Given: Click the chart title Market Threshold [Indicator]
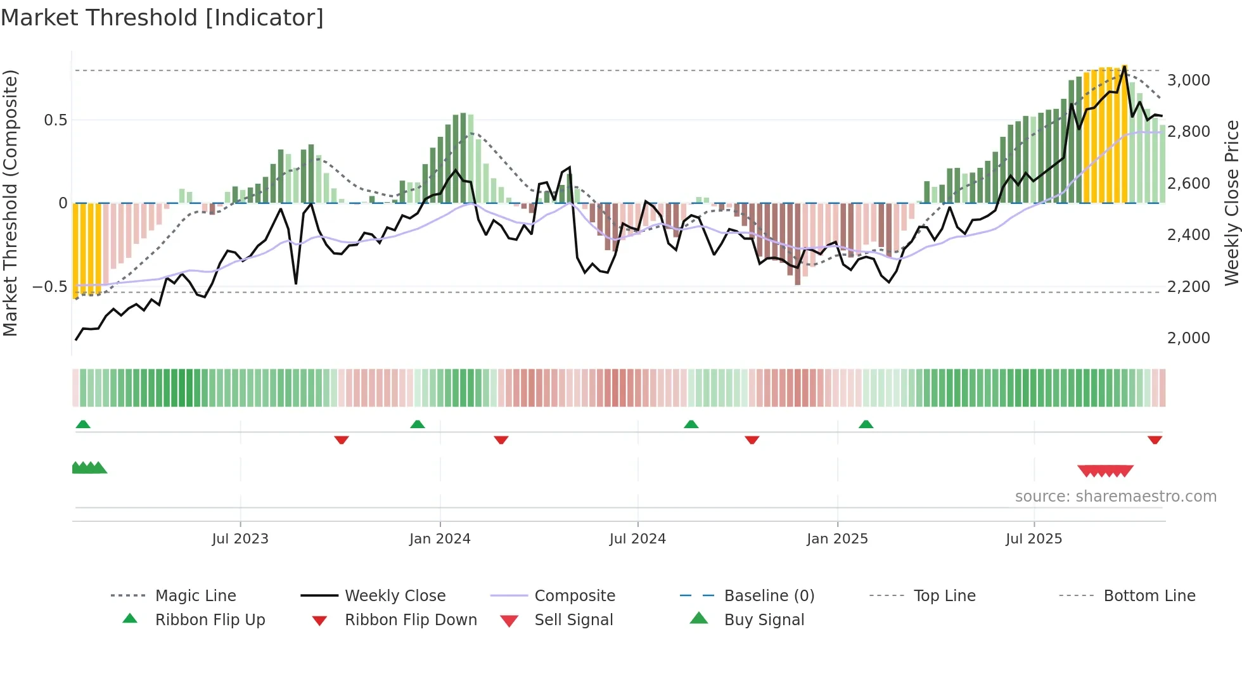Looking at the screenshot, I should coord(162,18).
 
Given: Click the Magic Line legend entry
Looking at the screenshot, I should coord(195,595).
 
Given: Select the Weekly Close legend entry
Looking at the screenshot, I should coord(395,595).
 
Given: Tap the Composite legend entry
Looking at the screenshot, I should coord(574,595).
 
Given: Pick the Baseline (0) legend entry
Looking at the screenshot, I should coord(769,595).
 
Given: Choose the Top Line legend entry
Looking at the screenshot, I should coord(944,595).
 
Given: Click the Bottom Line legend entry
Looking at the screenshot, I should coord(1149,595).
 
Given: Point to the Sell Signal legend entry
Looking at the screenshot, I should coord(573,619).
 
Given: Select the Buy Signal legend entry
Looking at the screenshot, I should coord(764,619).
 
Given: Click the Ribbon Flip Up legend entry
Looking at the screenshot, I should coord(210,619).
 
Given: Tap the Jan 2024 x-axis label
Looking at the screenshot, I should coord(440,538).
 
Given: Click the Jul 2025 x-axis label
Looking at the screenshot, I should coord(1034,538).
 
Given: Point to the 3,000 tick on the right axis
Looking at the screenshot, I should coord(1188,80).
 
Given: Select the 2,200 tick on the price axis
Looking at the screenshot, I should coord(1188,286).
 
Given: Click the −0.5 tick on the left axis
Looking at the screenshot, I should coord(49,286).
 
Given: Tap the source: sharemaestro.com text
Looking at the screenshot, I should coord(1115,496).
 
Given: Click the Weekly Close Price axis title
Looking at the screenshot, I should coord(1231,203).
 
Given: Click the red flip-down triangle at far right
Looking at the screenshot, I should coord(1155,440).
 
